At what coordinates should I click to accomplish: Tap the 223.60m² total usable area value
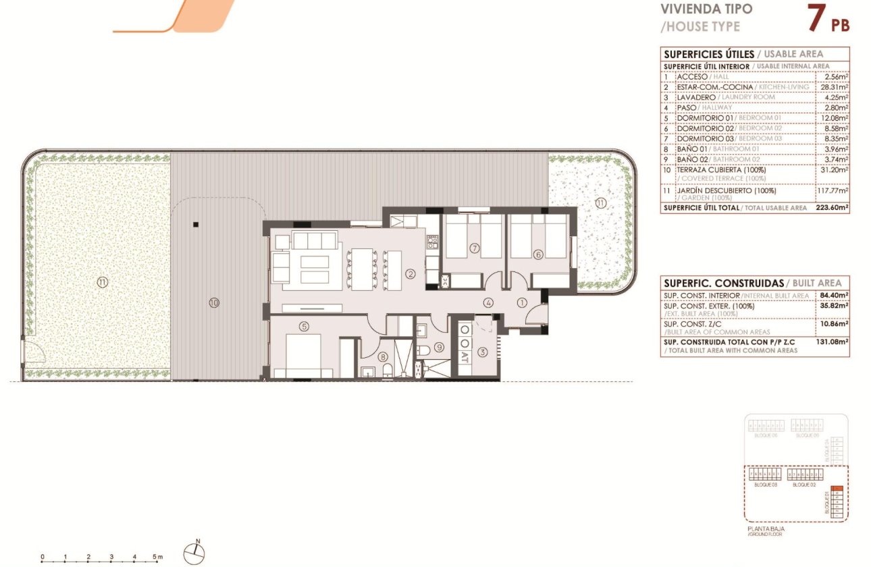(833, 208)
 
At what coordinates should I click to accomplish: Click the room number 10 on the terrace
(214, 304)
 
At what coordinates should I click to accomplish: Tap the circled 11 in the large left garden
(102, 283)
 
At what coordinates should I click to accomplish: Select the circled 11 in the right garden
(601, 202)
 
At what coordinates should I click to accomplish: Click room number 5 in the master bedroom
(304, 327)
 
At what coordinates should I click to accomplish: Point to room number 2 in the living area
(410, 273)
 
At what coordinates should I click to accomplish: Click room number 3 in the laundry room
(482, 352)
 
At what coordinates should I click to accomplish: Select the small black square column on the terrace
(195, 224)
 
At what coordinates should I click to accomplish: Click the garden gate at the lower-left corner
(30, 352)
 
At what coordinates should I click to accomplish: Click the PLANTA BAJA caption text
(766, 529)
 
